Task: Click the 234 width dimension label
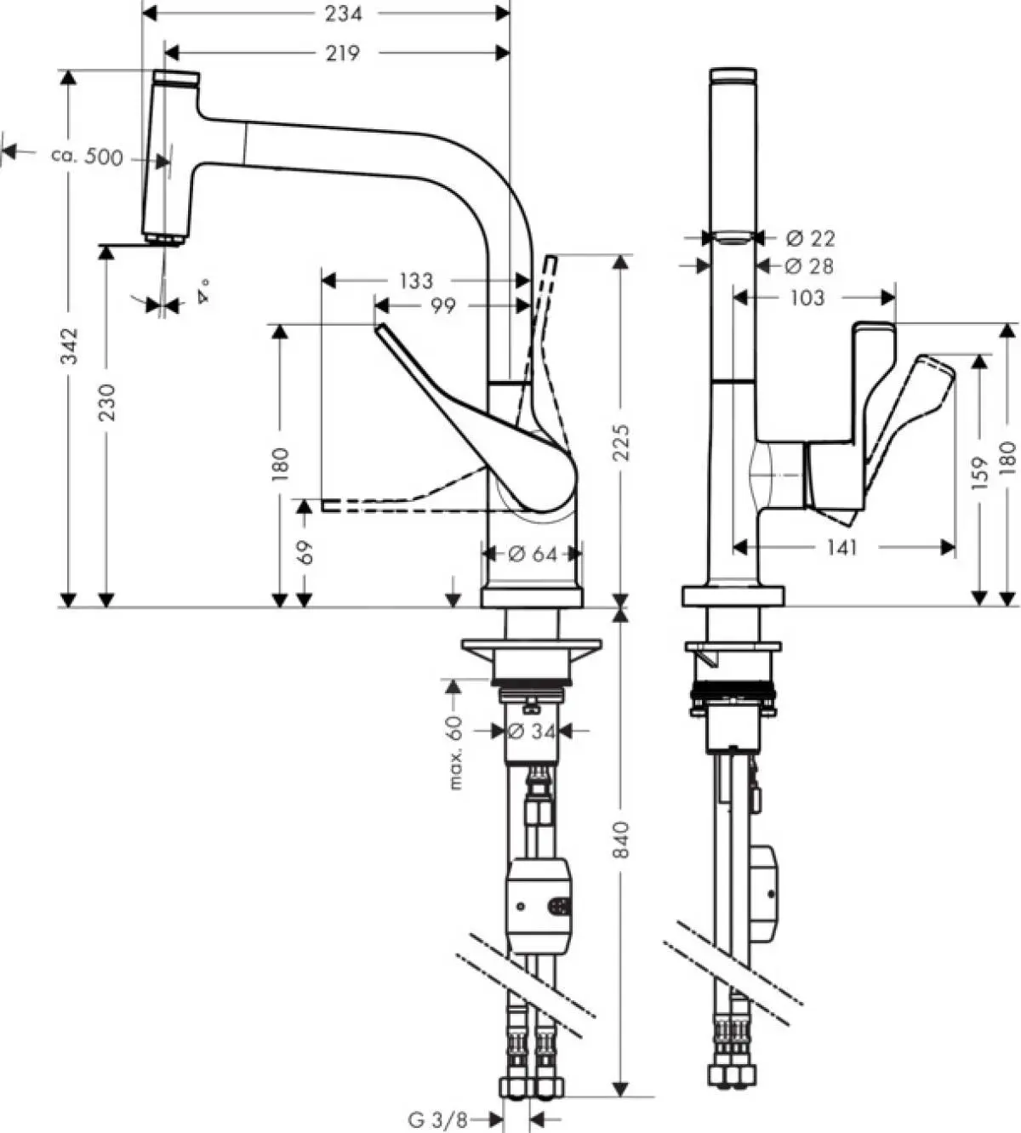[x=343, y=13]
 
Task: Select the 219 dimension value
[x=343, y=54]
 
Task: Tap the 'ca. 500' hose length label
[x=87, y=157]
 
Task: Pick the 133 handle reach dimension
[x=415, y=280]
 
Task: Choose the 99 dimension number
[x=442, y=305]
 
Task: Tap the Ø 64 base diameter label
[x=533, y=555]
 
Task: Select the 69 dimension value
[x=305, y=553]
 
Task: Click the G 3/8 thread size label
[x=437, y=1119]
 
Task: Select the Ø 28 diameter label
[x=809, y=266]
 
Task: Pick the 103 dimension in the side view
[x=807, y=297]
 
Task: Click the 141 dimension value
[x=841, y=548]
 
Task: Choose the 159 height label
[x=980, y=475]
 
